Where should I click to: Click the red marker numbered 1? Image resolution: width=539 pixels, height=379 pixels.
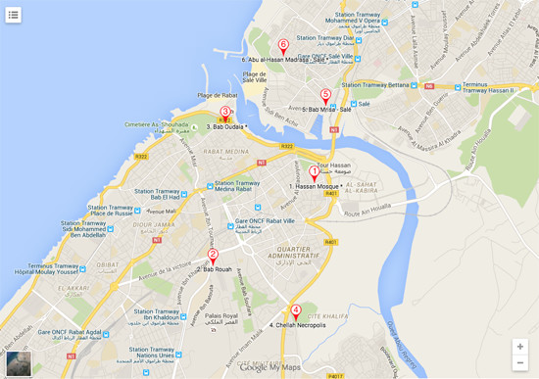click(x=315, y=172)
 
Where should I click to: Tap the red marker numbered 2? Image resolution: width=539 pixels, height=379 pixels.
click(x=213, y=256)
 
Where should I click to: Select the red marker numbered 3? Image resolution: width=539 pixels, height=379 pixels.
click(x=226, y=113)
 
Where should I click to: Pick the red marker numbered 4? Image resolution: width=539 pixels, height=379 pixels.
click(x=296, y=311)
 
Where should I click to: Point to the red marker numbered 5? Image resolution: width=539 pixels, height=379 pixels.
click(x=325, y=96)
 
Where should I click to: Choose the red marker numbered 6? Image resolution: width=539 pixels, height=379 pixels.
click(x=283, y=46)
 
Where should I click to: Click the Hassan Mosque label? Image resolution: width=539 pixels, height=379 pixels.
click(x=314, y=186)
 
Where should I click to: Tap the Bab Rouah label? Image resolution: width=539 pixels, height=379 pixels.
click(x=218, y=268)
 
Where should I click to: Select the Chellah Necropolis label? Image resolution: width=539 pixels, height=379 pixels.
click(x=298, y=325)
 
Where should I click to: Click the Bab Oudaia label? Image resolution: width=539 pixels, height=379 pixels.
click(x=226, y=126)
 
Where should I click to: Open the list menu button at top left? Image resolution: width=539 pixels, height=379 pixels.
click(x=14, y=15)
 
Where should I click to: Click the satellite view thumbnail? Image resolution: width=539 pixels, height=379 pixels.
click(x=19, y=362)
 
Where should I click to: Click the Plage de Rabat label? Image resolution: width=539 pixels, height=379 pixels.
click(x=218, y=95)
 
